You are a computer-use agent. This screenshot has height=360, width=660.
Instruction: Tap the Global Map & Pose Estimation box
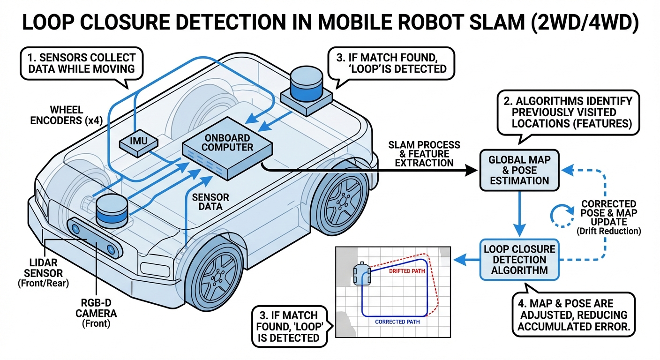click(519, 170)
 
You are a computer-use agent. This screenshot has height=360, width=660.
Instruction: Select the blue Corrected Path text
click(397, 322)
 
